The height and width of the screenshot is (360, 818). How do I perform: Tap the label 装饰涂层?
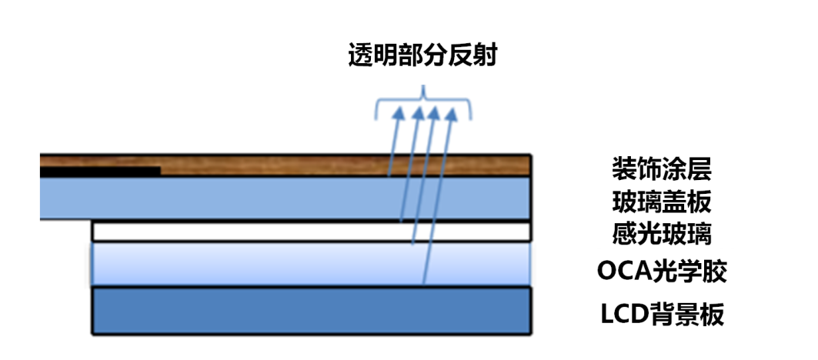click(662, 167)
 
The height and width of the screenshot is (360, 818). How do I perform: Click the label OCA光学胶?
click(662, 271)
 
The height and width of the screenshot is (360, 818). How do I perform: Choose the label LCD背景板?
click(662, 314)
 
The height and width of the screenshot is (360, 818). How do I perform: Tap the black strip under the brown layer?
click(100, 172)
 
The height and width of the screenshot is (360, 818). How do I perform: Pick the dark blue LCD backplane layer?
click(308, 311)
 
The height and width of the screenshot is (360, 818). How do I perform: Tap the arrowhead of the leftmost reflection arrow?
click(399, 113)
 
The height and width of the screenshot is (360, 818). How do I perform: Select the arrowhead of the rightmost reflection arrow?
click(453, 113)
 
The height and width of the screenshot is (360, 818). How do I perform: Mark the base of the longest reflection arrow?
click(424, 285)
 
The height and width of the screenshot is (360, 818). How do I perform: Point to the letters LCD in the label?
click(620, 314)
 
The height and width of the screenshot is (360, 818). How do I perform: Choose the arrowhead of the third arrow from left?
click(435, 113)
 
